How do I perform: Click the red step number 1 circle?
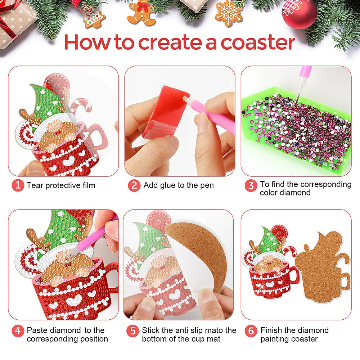(18, 185)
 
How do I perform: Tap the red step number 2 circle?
(134, 185)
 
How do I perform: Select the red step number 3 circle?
(251, 186)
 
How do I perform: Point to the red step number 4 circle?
(18, 331)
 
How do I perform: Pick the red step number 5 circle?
(133, 331)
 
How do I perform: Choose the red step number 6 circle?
(251, 331)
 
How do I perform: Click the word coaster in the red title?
(258, 42)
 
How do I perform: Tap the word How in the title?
(87, 42)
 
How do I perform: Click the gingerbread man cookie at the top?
(141, 13)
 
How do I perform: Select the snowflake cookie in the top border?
(229, 13)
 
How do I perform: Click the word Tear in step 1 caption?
(35, 185)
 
